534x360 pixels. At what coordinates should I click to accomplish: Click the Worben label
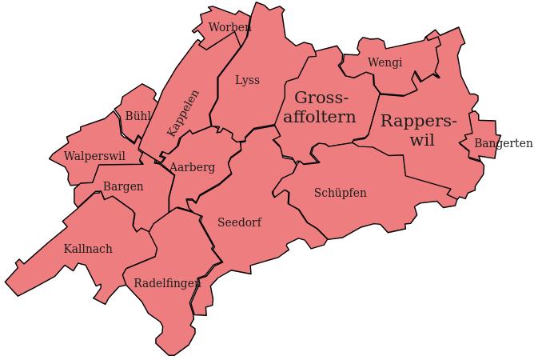[x=229, y=27]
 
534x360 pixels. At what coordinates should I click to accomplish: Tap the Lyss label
[x=247, y=80]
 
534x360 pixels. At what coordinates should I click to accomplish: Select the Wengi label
[x=385, y=62]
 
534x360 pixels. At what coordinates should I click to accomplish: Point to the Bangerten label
[x=503, y=143]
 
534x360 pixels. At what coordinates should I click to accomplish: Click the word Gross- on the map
[x=321, y=98]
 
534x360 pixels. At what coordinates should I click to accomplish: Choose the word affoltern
[x=320, y=118]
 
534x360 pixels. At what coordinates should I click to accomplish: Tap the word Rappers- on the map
[x=418, y=121]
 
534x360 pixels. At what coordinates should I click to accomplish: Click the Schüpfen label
[x=340, y=193]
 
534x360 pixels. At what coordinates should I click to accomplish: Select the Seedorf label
[x=239, y=222]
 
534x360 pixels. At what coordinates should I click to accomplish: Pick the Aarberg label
[x=192, y=167]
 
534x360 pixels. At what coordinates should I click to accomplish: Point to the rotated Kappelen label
[x=183, y=113]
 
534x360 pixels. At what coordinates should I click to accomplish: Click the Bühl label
[x=137, y=116]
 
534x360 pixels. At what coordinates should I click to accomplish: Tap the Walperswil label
[x=94, y=155]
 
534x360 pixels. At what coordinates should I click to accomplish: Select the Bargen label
[x=123, y=186]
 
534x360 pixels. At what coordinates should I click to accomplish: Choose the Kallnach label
[x=88, y=249]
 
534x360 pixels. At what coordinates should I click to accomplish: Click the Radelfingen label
[x=167, y=283]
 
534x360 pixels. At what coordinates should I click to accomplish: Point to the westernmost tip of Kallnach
[x=6, y=282]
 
